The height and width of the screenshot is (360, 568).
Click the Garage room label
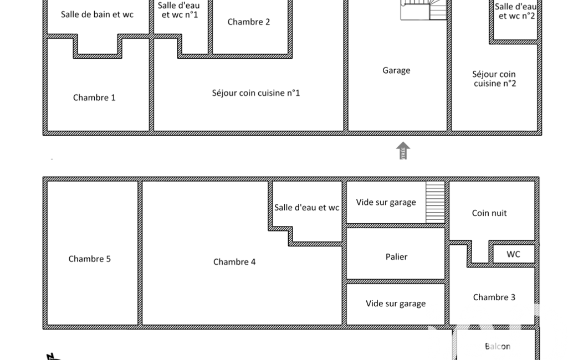tap(396, 70)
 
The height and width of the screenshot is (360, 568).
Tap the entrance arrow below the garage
tap(403, 150)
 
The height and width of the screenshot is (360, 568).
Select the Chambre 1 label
tap(94, 97)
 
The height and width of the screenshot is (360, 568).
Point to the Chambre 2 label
tap(248, 22)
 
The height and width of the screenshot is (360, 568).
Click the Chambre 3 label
tap(494, 297)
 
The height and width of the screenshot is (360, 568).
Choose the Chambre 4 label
tap(234, 262)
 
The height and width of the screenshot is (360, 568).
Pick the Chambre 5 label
tap(89, 259)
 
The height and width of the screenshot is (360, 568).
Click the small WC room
tap(513, 254)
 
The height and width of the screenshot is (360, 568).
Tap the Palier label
tap(396, 257)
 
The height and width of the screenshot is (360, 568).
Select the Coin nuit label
tap(489, 213)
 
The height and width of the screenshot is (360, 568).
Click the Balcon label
tap(498, 346)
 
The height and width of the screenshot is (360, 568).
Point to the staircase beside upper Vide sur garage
tap(435, 202)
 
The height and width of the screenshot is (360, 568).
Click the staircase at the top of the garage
tap(423, 10)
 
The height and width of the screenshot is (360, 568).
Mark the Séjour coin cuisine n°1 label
tap(256, 93)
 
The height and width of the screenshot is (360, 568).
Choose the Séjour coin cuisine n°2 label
tap(494, 79)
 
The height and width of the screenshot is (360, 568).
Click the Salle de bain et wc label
tap(97, 14)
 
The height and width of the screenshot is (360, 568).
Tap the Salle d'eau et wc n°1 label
tap(179, 10)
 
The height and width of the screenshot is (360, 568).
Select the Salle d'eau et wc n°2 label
tap(516, 11)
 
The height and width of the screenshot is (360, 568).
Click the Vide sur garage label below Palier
tap(396, 304)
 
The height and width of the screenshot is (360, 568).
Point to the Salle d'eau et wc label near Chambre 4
tap(306, 208)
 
